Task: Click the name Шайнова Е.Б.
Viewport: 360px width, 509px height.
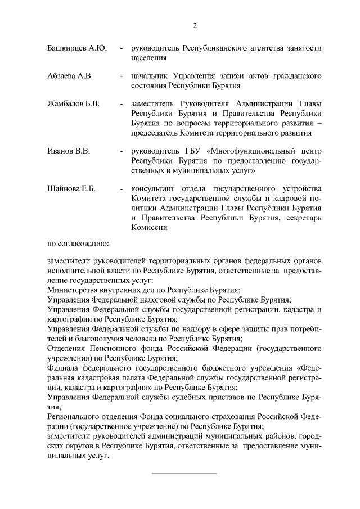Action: point(72,188)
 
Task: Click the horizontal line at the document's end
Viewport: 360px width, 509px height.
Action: point(184,473)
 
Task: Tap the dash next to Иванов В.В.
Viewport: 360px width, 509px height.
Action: point(121,151)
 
